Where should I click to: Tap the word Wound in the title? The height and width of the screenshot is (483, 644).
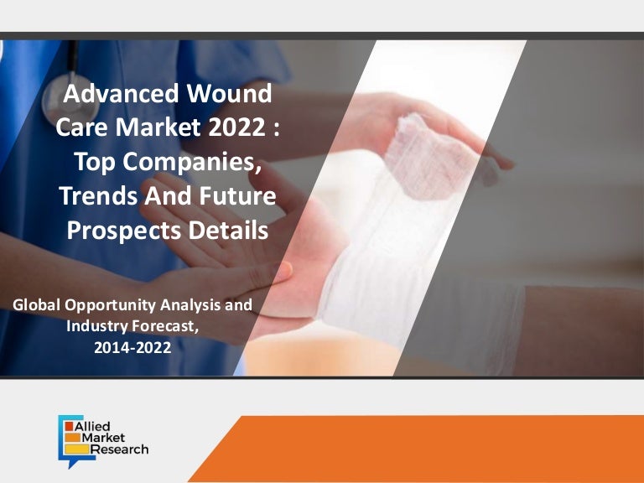(x=233, y=93)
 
